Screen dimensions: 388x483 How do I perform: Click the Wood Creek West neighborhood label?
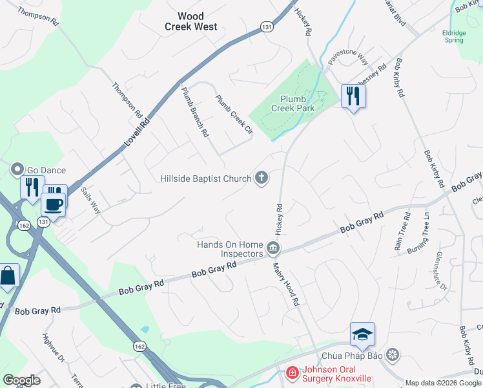(x=190, y=21)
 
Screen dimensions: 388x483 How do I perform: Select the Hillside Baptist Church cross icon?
(x=262, y=178)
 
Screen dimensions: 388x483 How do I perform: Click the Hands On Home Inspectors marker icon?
(x=272, y=248)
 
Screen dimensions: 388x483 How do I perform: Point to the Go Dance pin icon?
(x=16, y=170)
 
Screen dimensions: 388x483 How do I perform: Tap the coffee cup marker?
(x=53, y=204)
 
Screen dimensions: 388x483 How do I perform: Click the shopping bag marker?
(x=8, y=276)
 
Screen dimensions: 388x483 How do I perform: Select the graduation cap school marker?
(x=362, y=334)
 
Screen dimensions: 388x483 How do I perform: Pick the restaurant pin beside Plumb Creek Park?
(x=353, y=96)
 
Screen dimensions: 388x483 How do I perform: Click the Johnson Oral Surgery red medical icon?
(x=292, y=372)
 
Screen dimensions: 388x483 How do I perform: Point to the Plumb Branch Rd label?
(x=195, y=112)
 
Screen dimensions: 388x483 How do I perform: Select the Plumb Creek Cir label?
(x=233, y=114)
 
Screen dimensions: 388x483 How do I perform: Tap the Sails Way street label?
(x=90, y=200)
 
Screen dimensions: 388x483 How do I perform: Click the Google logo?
(x=21, y=380)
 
